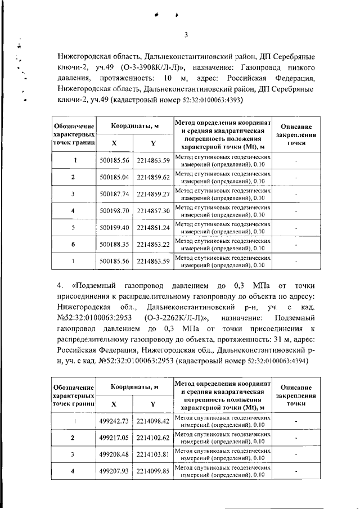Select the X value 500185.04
tap(114, 177)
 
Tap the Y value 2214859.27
tap(153, 194)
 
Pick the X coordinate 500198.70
tap(114, 210)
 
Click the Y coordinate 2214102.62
tap(153, 438)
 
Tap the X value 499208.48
tap(114, 454)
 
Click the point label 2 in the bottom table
tap(74, 438)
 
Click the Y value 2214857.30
tap(153, 210)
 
